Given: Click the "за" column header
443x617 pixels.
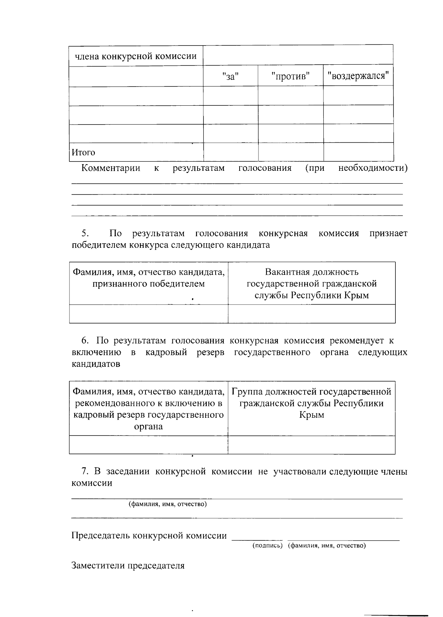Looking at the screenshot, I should tap(231, 77).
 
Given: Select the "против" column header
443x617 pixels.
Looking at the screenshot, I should tap(290, 77).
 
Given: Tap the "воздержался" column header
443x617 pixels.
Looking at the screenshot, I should tap(358, 76).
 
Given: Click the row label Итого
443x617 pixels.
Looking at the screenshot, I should tap(83, 152).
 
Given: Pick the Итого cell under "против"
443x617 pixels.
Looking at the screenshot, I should tap(291, 152).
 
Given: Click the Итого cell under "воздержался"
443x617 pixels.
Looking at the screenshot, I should tap(358, 152).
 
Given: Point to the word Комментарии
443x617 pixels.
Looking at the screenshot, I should tap(111, 168).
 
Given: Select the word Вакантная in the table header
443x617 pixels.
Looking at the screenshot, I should tap(286, 272).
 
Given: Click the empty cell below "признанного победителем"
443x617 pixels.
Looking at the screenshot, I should tap(148, 314).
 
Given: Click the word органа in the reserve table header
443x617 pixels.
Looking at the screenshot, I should tap(148, 427).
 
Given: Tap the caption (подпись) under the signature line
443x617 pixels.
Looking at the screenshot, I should tap(268, 546).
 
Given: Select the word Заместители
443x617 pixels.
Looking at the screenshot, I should tap(98, 566).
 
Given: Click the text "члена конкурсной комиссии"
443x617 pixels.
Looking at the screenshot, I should tap(136, 57).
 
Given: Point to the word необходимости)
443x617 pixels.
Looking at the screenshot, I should tap(373, 168).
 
